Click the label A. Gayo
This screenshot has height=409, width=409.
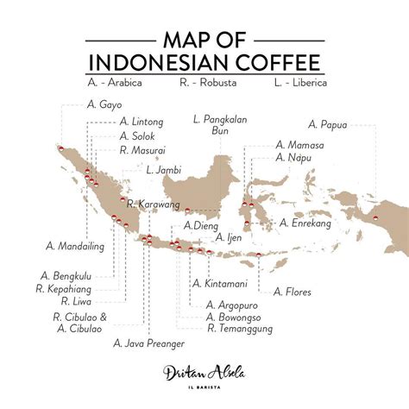(x=104, y=104)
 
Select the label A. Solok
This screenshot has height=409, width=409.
(x=139, y=135)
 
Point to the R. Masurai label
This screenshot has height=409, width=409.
(x=144, y=149)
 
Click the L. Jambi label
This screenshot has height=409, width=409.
(x=163, y=170)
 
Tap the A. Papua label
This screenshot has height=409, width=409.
(x=328, y=124)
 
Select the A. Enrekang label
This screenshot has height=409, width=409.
(x=305, y=223)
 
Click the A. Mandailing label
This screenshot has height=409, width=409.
(x=76, y=246)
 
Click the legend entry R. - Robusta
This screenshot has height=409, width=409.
(x=208, y=84)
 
